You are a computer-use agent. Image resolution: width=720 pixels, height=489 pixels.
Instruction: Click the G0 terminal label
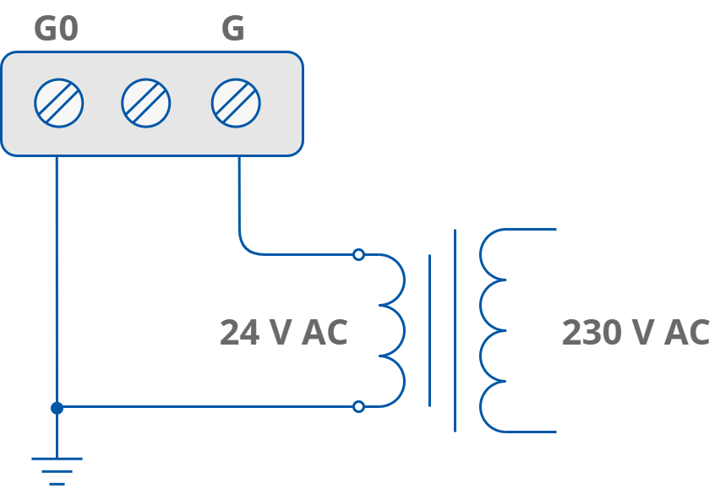pyautogui.click(x=56, y=29)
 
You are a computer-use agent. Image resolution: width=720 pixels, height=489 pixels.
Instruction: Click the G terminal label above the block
pyautogui.click(x=232, y=29)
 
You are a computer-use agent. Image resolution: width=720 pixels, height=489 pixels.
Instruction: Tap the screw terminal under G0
pyautogui.click(x=59, y=103)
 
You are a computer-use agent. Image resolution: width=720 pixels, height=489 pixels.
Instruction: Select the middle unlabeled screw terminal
pyautogui.click(x=146, y=103)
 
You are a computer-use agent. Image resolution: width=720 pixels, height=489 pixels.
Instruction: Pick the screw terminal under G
pyautogui.click(x=236, y=103)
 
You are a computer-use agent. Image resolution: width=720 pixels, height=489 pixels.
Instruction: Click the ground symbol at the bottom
pyautogui.click(x=57, y=469)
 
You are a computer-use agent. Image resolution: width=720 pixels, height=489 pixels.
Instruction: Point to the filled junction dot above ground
pyautogui.click(x=57, y=408)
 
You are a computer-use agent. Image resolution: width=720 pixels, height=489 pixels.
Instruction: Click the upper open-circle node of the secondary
pyautogui.click(x=358, y=254)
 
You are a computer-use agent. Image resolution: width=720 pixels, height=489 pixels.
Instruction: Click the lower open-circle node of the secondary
pyautogui.click(x=358, y=406)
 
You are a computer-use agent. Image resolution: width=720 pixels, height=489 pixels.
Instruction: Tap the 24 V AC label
pyautogui.click(x=283, y=333)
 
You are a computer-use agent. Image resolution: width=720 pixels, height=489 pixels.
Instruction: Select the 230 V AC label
pyautogui.click(x=635, y=333)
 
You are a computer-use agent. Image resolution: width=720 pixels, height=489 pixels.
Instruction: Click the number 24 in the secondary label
pyautogui.click(x=238, y=333)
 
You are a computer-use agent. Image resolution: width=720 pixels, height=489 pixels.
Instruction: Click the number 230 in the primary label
pyautogui.click(x=592, y=333)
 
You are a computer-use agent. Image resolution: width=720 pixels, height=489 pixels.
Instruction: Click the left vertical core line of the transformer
pyautogui.click(x=429, y=330)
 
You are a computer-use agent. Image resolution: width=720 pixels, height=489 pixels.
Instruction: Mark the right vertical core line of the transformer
pyautogui.click(x=455, y=330)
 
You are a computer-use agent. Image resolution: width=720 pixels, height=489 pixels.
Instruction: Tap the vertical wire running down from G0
pyautogui.click(x=57, y=279)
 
